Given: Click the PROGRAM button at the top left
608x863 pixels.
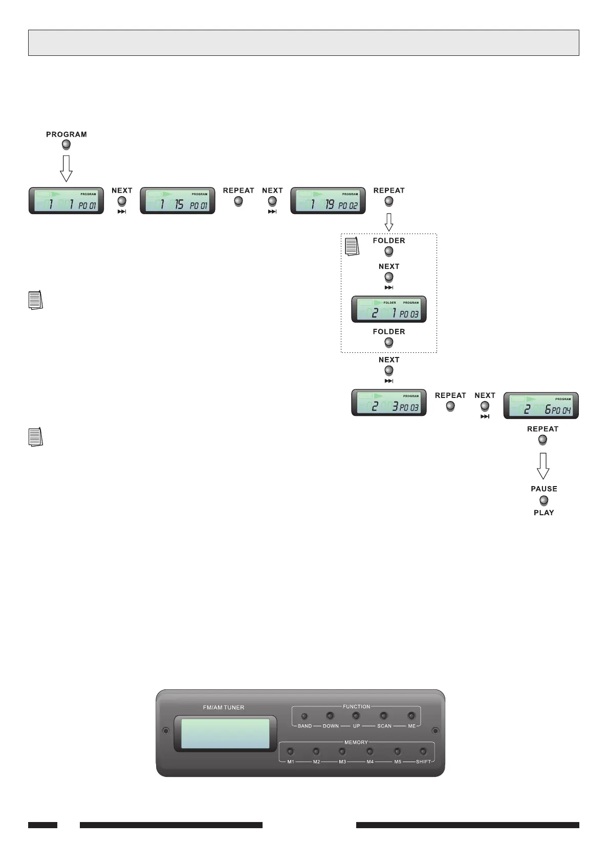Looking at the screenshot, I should click(x=66, y=145).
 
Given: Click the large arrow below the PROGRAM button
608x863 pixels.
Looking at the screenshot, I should click(x=66, y=168).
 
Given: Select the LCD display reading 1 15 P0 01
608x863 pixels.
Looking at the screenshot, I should click(x=178, y=201).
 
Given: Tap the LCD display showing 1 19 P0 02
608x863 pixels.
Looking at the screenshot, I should click(x=328, y=201).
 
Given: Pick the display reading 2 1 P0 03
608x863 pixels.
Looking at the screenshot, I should click(x=389, y=309).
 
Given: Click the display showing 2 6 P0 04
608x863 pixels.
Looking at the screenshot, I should click(x=541, y=406).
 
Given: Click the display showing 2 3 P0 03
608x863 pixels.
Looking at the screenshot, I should click(x=389, y=403).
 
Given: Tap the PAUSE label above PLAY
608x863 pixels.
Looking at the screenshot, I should click(x=544, y=489).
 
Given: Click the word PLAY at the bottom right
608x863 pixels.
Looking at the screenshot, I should click(x=544, y=513).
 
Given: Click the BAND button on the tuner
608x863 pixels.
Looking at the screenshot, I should click(x=305, y=716).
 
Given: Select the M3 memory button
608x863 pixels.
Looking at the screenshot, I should click(x=342, y=751).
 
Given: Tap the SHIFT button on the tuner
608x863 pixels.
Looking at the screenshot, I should click(x=423, y=751).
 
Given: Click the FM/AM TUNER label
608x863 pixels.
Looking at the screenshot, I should click(x=224, y=707).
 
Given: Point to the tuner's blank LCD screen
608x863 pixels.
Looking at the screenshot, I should click(x=225, y=733).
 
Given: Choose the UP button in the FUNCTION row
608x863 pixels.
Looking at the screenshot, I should click(x=356, y=715).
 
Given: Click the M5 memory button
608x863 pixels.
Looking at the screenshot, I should click(x=397, y=751).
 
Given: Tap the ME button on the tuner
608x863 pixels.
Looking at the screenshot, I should click(x=411, y=715).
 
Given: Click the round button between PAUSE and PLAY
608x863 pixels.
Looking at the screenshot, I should click(x=544, y=500).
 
